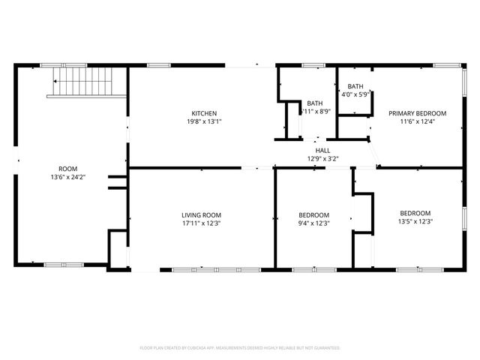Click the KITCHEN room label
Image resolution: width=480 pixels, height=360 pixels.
click(x=204, y=113)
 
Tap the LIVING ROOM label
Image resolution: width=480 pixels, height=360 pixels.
click(x=201, y=214)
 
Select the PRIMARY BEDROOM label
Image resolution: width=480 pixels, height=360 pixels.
click(x=417, y=113)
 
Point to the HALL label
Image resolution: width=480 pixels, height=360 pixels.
click(x=322, y=150)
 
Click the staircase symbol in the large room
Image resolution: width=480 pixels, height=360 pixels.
click(x=82, y=82)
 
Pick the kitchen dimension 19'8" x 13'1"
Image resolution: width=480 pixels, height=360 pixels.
click(x=204, y=121)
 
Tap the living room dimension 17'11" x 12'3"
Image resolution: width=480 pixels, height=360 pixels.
click(x=201, y=222)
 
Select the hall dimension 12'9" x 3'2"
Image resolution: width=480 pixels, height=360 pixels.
click(x=322, y=158)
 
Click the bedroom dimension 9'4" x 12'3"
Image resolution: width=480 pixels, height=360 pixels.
click(x=313, y=222)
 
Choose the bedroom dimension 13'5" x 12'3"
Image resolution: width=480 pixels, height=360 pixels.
click(x=415, y=220)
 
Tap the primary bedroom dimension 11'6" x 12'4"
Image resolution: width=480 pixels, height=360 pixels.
click(x=417, y=121)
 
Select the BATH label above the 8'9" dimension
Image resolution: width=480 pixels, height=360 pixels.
click(x=315, y=103)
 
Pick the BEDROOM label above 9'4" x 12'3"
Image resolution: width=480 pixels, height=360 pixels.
click(x=313, y=214)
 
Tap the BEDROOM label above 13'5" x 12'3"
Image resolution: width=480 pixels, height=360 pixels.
click(x=415, y=212)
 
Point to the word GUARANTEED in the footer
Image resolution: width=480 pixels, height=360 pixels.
click(x=322, y=348)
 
